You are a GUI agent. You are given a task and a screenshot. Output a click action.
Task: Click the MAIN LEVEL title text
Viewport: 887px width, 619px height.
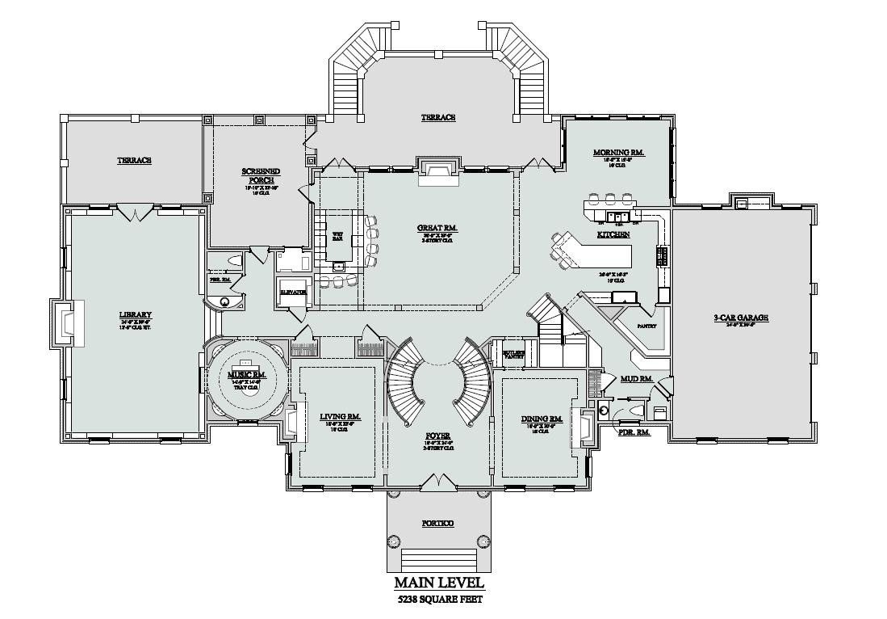coord(439,583)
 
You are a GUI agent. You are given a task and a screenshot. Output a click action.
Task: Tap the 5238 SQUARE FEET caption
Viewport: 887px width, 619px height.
coord(439,600)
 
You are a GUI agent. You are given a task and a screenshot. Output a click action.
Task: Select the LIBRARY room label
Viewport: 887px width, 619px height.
coord(135,314)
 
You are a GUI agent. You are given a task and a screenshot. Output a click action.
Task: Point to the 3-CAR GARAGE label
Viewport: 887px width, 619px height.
coord(740,318)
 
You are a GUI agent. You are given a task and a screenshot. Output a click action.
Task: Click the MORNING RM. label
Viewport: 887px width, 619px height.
coord(618,153)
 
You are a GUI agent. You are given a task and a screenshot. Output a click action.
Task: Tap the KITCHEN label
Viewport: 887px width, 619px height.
coord(613,234)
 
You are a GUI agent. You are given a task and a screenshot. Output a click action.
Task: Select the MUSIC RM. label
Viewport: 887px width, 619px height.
coord(247,374)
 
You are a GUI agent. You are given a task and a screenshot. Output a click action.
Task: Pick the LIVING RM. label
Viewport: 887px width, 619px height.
coord(340,417)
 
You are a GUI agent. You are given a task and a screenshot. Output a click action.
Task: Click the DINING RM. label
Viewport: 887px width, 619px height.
coord(542,419)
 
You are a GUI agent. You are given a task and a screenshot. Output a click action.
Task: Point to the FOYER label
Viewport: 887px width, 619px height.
coord(438,436)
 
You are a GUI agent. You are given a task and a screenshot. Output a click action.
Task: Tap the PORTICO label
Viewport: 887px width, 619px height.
coord(438,523)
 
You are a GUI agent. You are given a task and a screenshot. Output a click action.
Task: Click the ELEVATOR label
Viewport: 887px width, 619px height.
coord(292,292)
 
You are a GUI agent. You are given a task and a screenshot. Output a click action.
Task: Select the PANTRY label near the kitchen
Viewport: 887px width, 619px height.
coord(646,326)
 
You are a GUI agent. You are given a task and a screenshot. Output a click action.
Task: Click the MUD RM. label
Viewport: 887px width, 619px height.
coord(636,378)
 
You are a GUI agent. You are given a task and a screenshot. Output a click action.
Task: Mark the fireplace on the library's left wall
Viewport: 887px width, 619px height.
coord(66,323)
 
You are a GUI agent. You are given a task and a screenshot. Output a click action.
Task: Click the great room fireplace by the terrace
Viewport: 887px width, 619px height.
coord(438,171)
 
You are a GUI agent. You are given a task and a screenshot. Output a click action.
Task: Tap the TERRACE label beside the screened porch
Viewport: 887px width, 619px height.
coord(134,160)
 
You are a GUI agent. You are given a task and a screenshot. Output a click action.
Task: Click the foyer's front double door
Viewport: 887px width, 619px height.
coord(438,482)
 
